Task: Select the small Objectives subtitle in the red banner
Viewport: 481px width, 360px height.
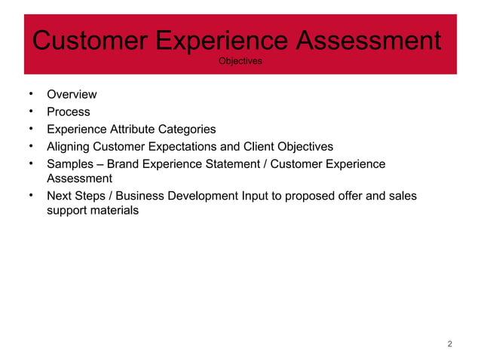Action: coord(240,61)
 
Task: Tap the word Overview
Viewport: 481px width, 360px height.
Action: coord(72,95)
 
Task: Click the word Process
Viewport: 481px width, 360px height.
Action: coord(69,111)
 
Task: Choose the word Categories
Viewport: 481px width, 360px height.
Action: coord(189,129)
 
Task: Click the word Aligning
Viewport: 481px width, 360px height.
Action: coord(69,146)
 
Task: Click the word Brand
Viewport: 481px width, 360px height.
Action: coord(124,164)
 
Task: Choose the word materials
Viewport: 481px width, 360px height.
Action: coord(114,211)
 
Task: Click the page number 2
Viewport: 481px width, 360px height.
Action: coord(449,345)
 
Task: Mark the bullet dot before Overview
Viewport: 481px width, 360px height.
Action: coord(28,94)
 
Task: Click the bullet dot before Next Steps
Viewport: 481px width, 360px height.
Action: coord(28,196)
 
